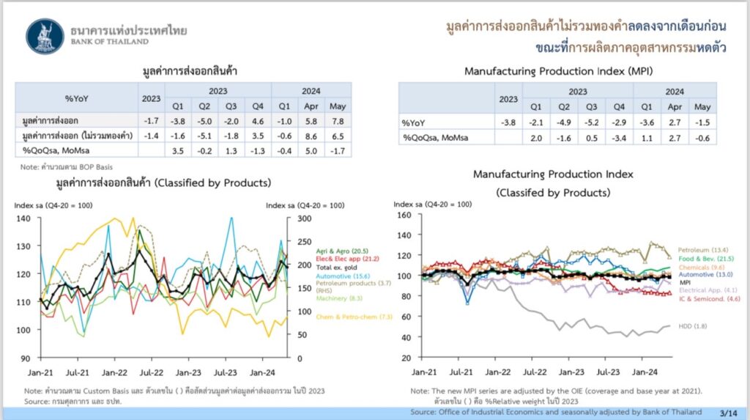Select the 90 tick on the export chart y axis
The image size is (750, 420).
pyautogui.click(x=25, y=358)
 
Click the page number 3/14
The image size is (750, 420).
pyautogui.click(x=729, y=413)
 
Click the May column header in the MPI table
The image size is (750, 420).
pyautogui.click(x=702, y=106)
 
